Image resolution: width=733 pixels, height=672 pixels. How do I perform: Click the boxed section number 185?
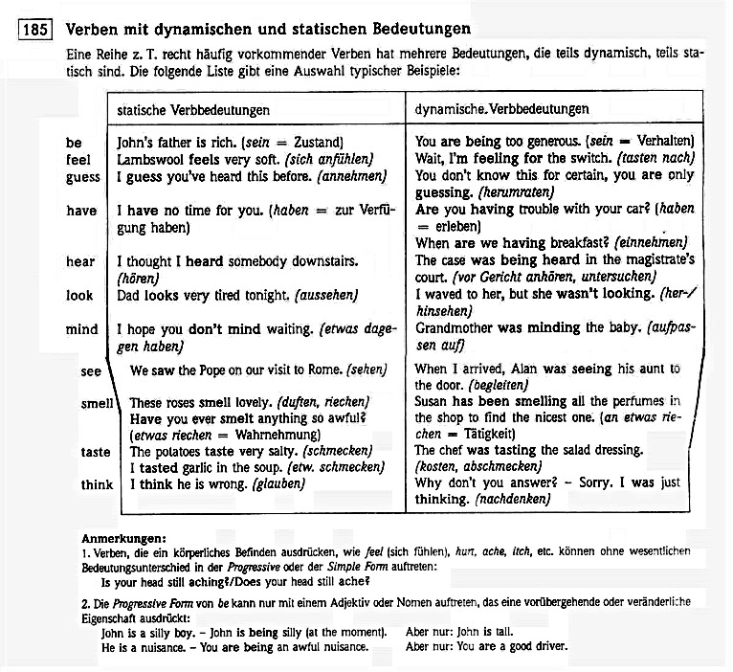pos(35,30)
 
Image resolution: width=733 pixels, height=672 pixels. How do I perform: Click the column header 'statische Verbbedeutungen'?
pos(192,110)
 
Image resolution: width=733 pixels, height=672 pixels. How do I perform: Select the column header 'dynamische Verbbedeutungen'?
pos(501,110)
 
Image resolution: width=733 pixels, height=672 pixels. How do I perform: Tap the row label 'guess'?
pos(82,176)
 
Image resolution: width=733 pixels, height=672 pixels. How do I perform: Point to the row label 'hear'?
pos(80,261)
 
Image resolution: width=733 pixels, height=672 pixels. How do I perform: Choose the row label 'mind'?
pos(81,329)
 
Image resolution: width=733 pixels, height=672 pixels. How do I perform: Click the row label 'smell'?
pos(98,404)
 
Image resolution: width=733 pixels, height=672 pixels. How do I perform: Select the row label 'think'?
pos(97,484)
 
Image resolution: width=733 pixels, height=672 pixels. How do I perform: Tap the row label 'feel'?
pos(78,159)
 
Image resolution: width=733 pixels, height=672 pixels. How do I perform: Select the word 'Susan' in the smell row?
pos(433,402)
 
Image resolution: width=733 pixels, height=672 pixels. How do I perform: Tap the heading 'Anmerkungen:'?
pos(124,538)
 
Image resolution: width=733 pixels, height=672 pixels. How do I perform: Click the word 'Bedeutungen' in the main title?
pos(426,30)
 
